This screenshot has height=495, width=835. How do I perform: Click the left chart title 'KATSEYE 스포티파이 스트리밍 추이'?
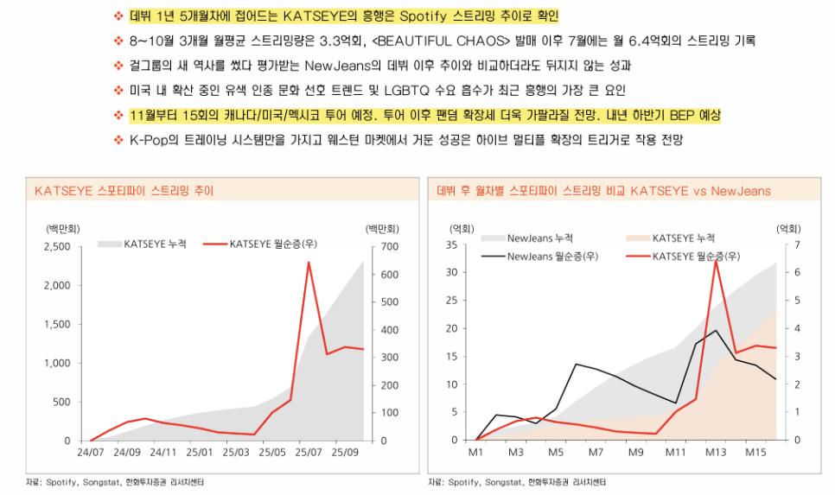124,190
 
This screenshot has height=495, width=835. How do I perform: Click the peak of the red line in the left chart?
309,263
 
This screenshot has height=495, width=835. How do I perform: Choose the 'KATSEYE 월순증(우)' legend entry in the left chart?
273,244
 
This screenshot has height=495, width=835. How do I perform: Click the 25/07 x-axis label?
308,453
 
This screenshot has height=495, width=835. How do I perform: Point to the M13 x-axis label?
715,453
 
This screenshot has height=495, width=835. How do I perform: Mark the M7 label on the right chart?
596,453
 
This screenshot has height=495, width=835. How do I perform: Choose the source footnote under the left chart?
116,481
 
